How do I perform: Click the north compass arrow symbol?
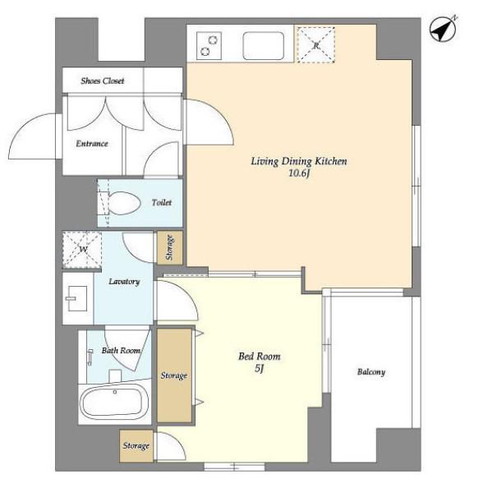(x=443, y=30)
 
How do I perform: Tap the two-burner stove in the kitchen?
(x=209, y=45)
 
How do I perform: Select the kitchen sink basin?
(x=263, y=45)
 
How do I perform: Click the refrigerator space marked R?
(x=316, y=45)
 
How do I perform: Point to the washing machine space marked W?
(x=82, y=249)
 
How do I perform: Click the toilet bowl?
(x=124, y=203)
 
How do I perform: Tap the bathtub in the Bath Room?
(x=114, y=402)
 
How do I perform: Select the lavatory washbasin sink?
(x=77, y=298)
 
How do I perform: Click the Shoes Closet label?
(x=103, y=81)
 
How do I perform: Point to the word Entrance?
(x=92, y=144)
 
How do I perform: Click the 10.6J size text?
(x=299, y=173)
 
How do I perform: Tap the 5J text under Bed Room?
(x=259, y=369)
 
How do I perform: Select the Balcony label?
(x=371, y=372)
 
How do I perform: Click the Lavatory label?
(x=124, y=282)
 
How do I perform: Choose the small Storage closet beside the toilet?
(x=169, y=248)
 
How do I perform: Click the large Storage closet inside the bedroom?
(x=174, y=375)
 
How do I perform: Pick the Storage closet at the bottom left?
(x=136, y=445)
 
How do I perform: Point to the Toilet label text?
(x=162, y=203)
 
